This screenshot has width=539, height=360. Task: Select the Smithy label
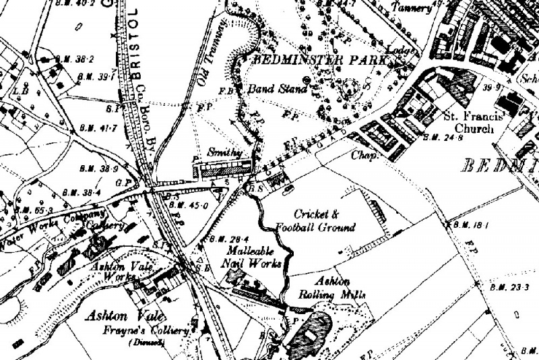coord(224,153)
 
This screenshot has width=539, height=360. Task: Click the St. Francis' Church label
coord(474,122)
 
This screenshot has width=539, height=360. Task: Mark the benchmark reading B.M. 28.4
coord(224,238)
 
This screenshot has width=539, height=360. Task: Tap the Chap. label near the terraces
coord(362,153)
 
